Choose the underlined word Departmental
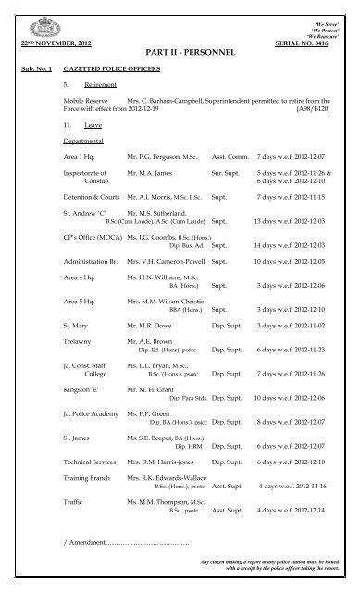point(82,142)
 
